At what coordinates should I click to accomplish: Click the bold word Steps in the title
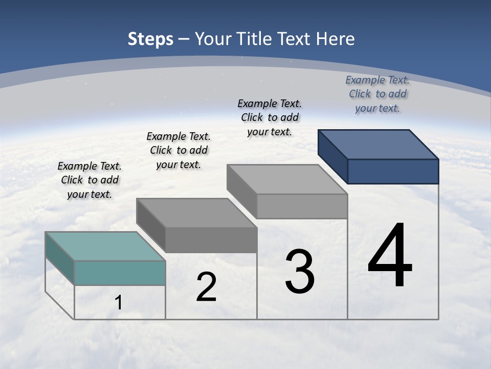point(150,39)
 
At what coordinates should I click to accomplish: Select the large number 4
point(390,256)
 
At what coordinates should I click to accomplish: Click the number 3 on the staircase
point(300,272)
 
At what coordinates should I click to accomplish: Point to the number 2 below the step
point(206,288)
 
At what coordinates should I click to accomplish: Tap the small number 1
point(119,303)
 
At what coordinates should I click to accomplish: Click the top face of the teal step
point(105,246)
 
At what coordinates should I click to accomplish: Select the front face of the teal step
point(120,273)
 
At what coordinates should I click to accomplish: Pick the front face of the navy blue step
point(393,171)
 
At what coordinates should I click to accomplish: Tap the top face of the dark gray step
point(196,213)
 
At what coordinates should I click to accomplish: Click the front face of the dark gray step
point(211,240)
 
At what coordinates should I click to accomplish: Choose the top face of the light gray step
point(287,179)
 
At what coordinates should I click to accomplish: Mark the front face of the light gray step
point(302,206)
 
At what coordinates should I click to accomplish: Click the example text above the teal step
point(90,180)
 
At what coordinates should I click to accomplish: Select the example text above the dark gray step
point(178,150)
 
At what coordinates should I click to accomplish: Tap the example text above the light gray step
point(270,117)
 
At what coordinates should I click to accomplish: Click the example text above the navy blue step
point(377,94)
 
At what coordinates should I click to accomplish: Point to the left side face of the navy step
point(332,157)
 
